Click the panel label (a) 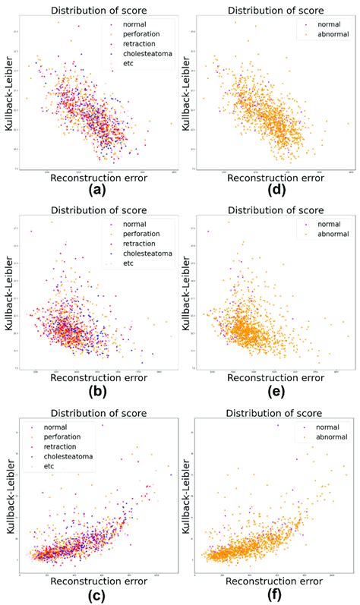pos(98,190)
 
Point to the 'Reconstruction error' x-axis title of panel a pos(97,177)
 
